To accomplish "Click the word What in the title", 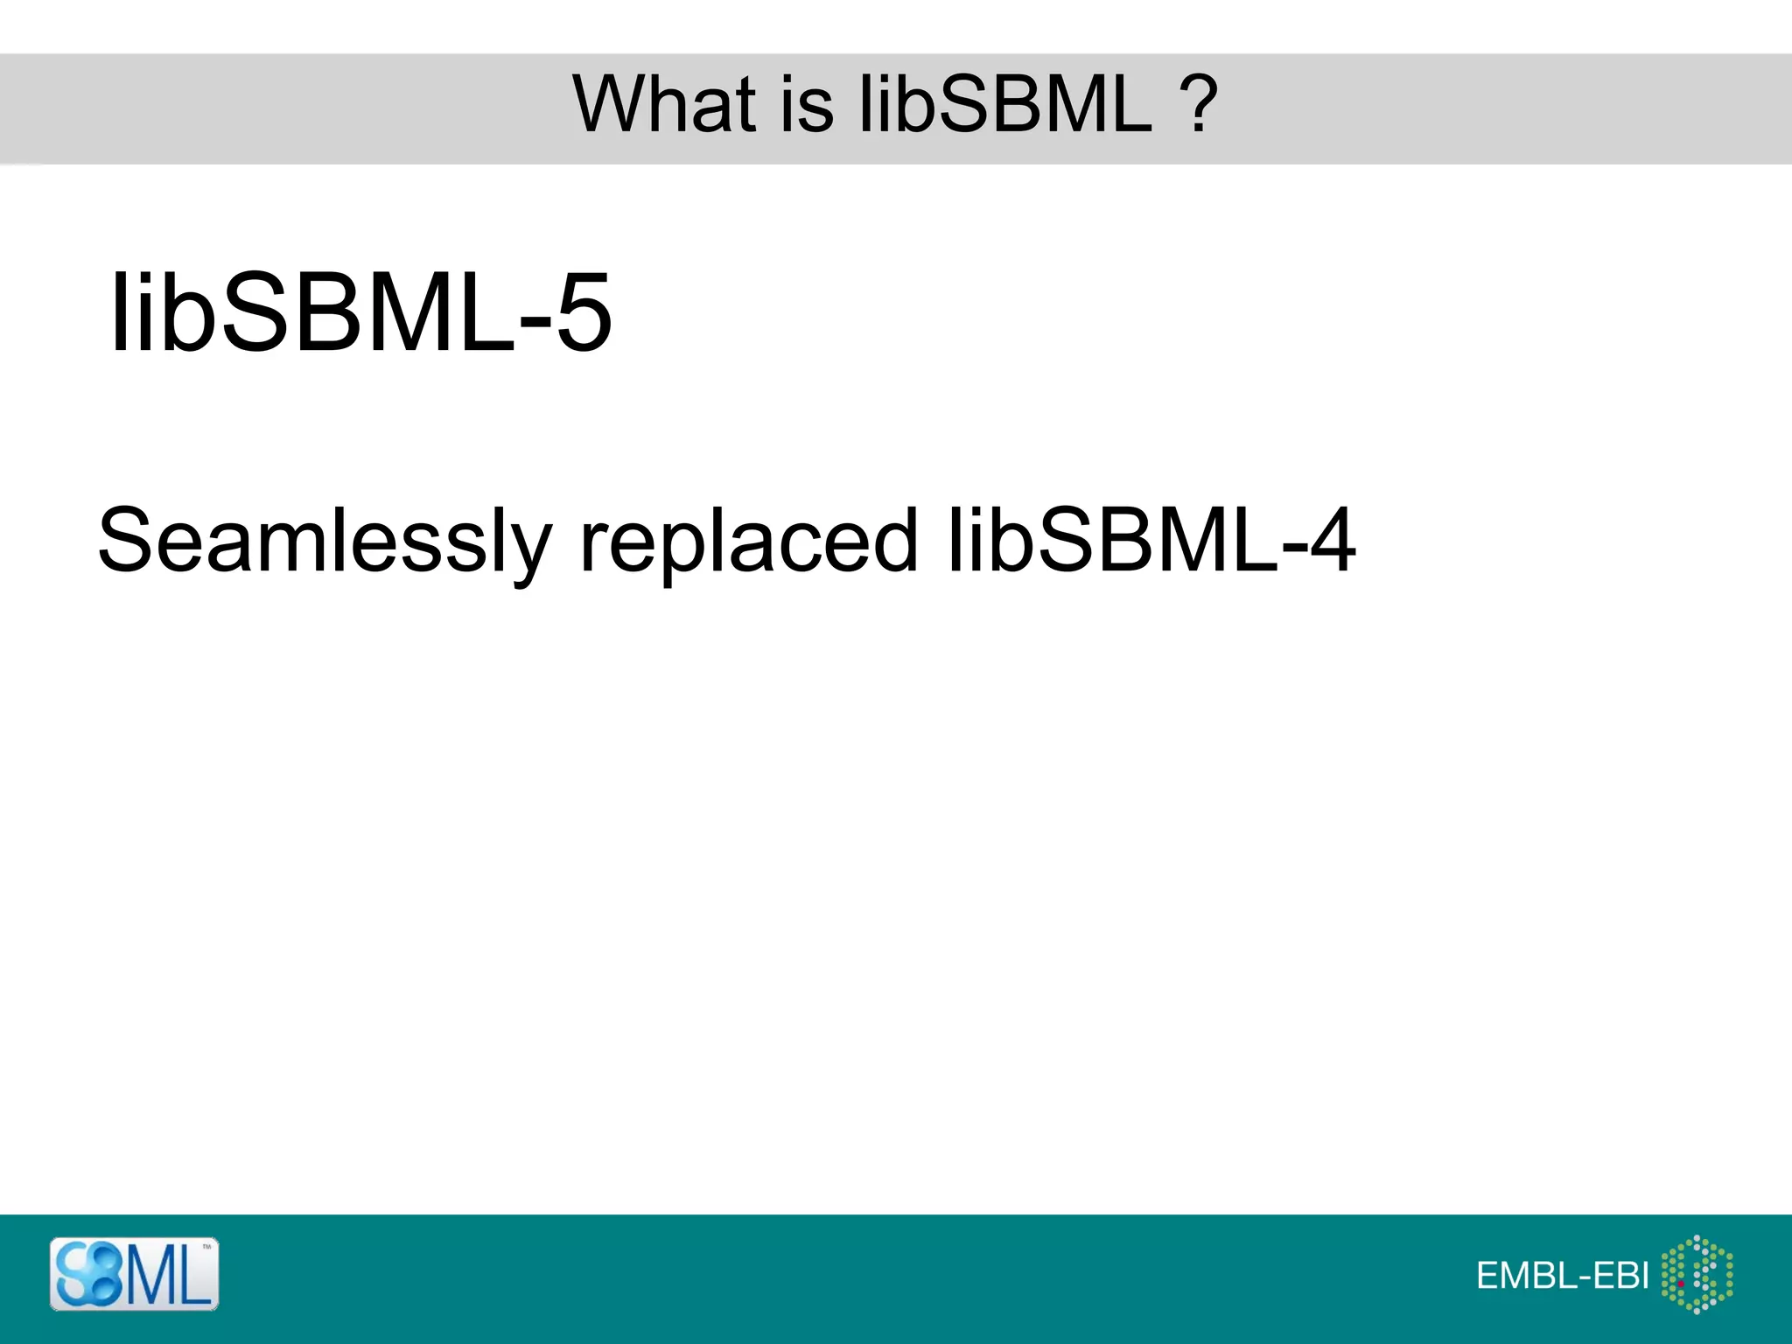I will tap(663, 104).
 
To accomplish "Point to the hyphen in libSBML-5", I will tap(535, 318).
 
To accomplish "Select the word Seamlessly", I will tap(324, 541).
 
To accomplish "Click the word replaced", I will tap(748, 541).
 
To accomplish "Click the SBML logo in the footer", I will tap(134, 1274).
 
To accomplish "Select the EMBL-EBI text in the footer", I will tap(1562, 1276).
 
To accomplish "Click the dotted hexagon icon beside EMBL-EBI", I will tap(1697, 1274).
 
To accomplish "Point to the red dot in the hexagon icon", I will tap(1681, 1284).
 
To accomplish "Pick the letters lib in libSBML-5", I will tap(162, 312).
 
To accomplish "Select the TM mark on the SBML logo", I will tap(207, 1246).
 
